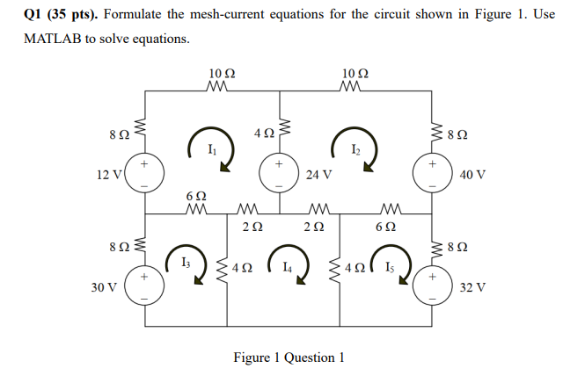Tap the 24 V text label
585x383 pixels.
(x=318, y=175)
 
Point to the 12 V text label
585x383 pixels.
(x=110, y=174)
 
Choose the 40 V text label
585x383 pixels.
(x=472, y=175)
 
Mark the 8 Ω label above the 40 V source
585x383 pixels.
(x=459, y=135)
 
